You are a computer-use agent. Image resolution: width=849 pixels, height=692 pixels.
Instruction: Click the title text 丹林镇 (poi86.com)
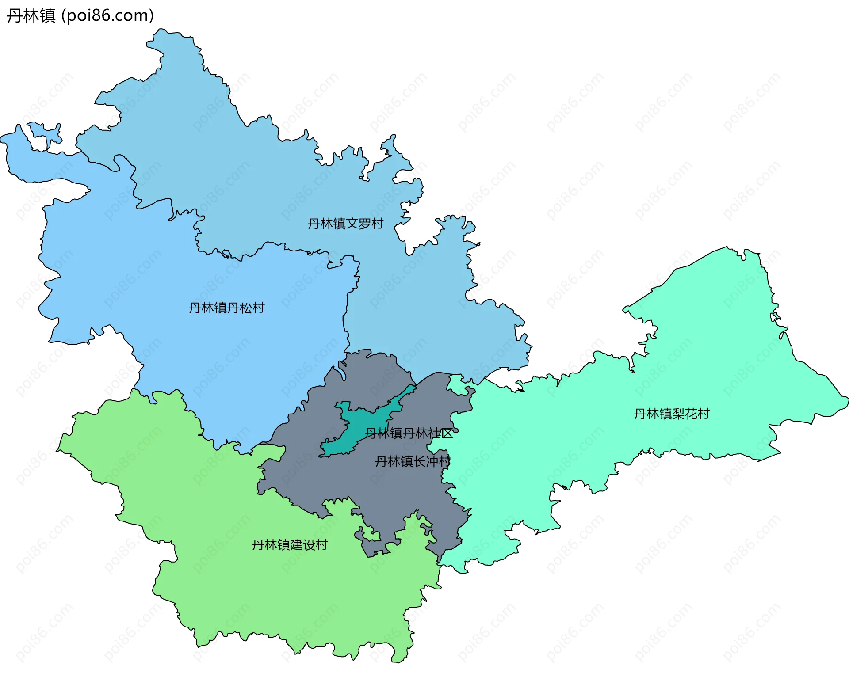(80, 15)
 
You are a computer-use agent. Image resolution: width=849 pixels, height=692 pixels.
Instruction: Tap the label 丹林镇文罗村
(345, 224)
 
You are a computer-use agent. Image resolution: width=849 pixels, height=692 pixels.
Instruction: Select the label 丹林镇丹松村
(226, 308)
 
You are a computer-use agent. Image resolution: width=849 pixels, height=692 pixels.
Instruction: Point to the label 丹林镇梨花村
(672, 414)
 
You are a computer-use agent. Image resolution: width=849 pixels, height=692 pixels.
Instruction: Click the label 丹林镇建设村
(290, 544)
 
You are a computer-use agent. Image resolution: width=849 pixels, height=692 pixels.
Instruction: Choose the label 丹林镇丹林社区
(409, 433)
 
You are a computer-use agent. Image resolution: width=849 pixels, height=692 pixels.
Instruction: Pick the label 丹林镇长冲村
(413, 461)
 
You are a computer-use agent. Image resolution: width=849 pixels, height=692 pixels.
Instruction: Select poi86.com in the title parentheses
(107, 15)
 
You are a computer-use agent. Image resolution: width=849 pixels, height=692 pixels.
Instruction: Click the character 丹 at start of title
(14, 15)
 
